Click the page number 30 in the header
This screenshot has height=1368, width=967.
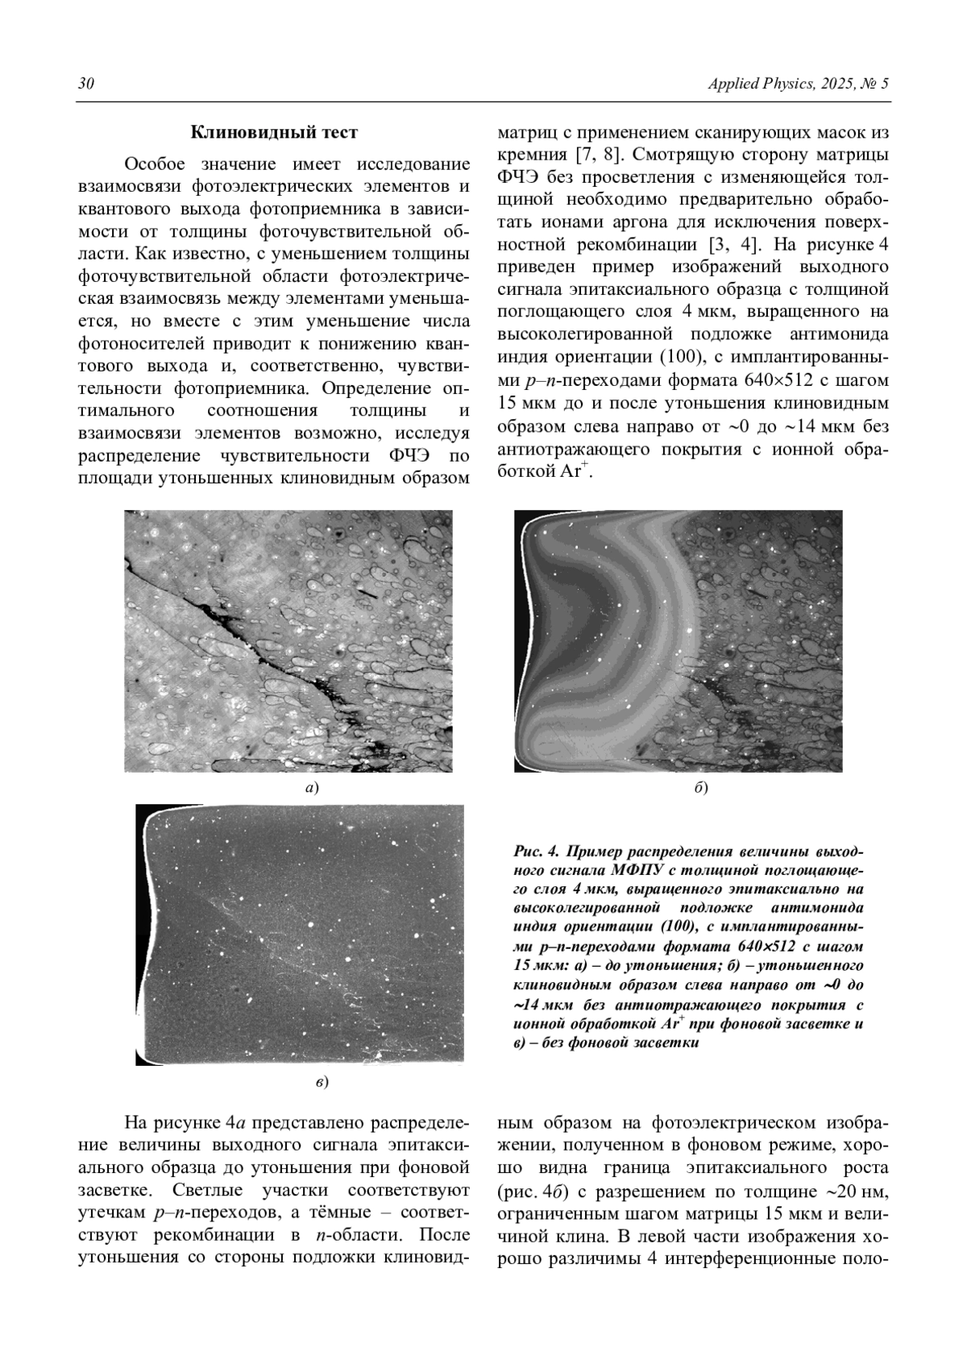click(x=85, y=85)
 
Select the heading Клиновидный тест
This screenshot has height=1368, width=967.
click(x=274, y=132)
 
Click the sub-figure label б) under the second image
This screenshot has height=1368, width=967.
click(x=701, y=788)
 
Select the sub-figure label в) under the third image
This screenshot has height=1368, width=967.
click(x=322, y=1081)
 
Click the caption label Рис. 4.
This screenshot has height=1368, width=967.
click(x=536, y=851)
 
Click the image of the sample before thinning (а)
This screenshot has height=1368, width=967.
click(x=288, y=640)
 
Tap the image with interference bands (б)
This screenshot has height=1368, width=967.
click(x=679, y=640)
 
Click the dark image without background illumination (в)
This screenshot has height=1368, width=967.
click(x=300, y=935)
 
